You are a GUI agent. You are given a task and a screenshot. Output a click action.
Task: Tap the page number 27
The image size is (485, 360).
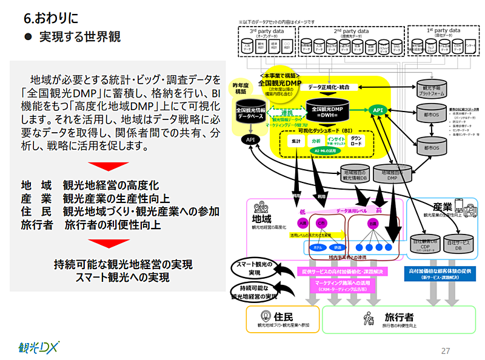tap(446, 350)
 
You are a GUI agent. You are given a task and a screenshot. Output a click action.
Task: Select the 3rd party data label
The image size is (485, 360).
tap(268, 30)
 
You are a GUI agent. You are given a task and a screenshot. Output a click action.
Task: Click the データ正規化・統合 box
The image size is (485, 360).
tap(333, 87)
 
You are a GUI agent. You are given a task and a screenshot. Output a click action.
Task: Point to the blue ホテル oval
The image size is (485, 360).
tap(316, 247)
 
